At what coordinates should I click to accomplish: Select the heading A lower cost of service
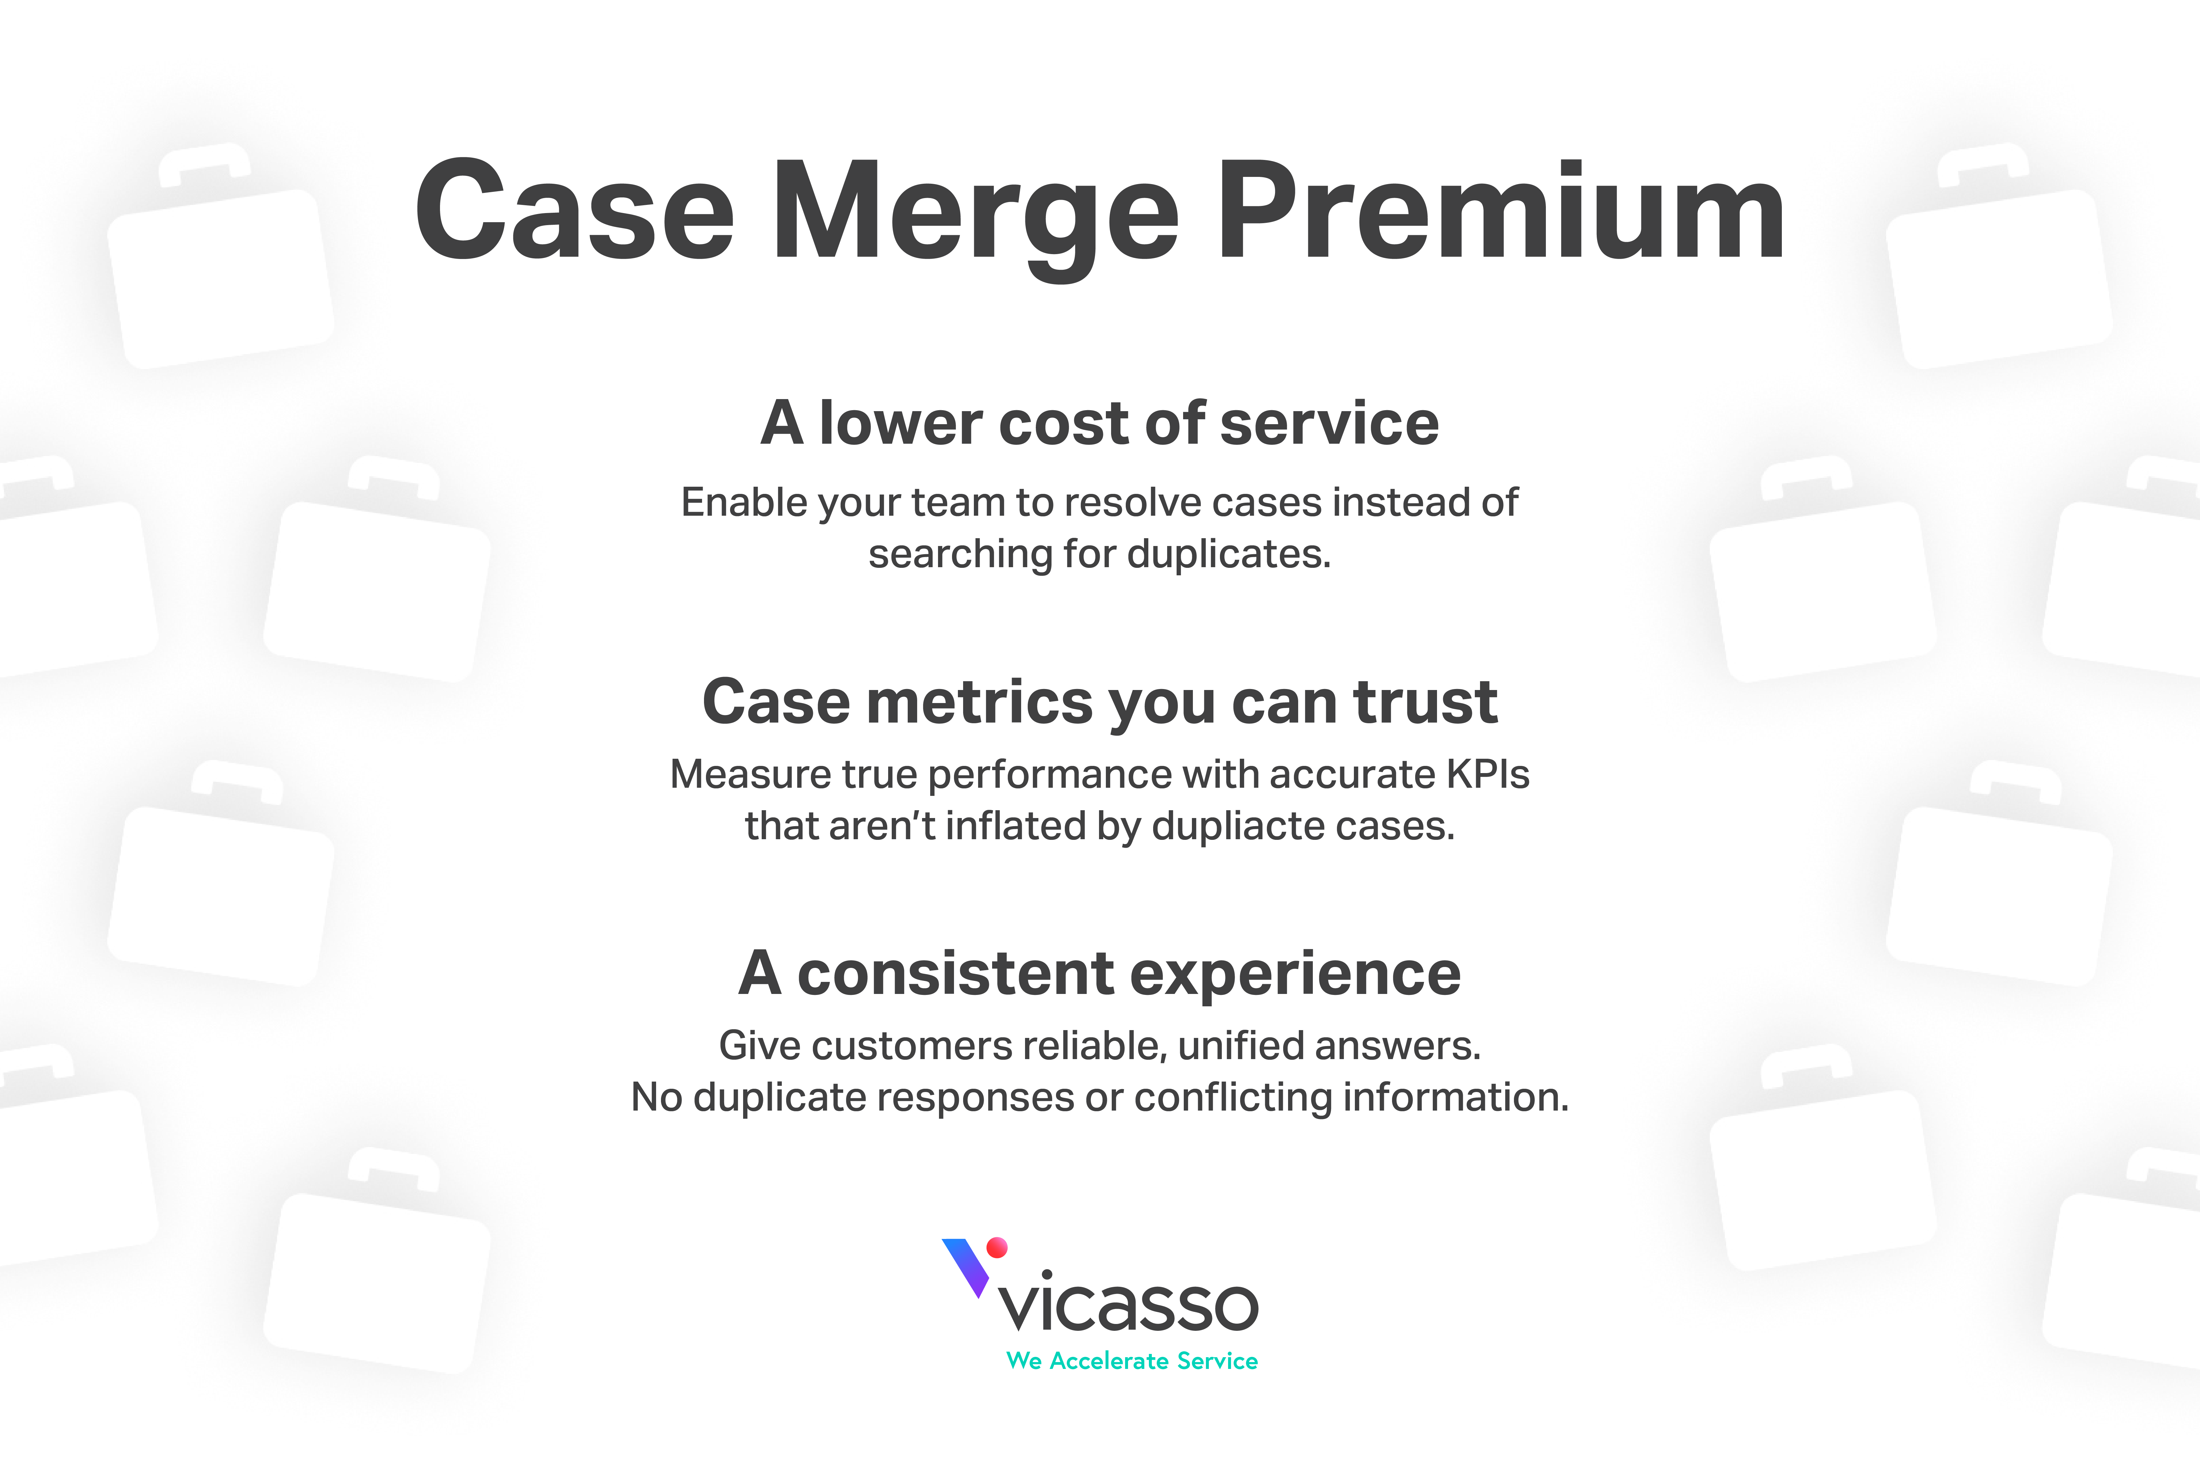point(1100,424)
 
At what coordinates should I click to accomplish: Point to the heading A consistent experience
point(1100,974)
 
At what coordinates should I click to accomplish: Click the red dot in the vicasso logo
point(997,1247)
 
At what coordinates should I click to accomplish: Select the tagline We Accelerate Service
point(1132,1361)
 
